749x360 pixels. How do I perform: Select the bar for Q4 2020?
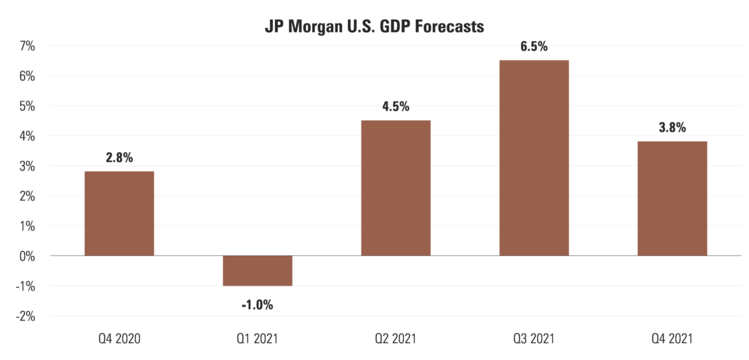[x=119, y=214]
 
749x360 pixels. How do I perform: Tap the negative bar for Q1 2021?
[x=257, y=271]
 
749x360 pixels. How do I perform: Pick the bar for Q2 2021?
[x=395, y=188]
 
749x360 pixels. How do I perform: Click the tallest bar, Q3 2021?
[x=534, y=158]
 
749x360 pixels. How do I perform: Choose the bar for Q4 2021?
[x=672, y=198]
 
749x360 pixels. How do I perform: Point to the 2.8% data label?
[x=119, y=157]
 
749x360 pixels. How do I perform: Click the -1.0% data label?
[x=256, y=303]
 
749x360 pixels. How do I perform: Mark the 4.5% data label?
[x=395, y=106]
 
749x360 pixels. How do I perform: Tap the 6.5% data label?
[x=534, y=46]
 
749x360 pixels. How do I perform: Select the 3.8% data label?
[x=672, y=127]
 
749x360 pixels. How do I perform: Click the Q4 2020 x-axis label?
[x=119, y=339]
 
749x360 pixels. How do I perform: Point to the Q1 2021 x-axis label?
[x=257, y=339]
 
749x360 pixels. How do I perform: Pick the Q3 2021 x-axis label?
[x=534, y=339]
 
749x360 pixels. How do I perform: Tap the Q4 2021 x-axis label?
[x=672, y=339]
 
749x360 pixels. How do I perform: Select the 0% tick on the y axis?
[x=26, y=256]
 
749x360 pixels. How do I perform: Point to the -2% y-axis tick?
[x=24, y=316]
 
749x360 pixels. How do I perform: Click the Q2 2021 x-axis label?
[x=395, y=339]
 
